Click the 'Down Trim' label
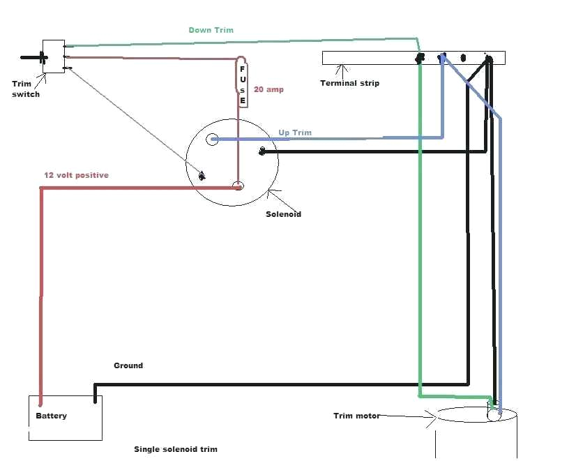(x=211, y=30)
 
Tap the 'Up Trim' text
(x=295, y=133)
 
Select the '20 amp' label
(x=268, y=90)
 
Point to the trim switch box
(x=53, y=56)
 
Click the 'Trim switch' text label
(x=26, y=89)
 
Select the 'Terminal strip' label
(x=349, y=83)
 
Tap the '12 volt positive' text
(x=76, y=175)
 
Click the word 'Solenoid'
(x=283, y=214)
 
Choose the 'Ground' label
(x=128, y=365)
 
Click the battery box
(x=65, y=418)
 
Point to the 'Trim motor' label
(x=356, y=416)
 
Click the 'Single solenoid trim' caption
(x=175, y=449)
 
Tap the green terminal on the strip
(x=420, y=59)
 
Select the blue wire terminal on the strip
(x=442, y=59)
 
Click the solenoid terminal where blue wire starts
(x=212, y=139)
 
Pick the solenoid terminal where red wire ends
(x=238, y=186)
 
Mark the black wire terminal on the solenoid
(x=262, y=151)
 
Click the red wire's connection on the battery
(x=40, y=402)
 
